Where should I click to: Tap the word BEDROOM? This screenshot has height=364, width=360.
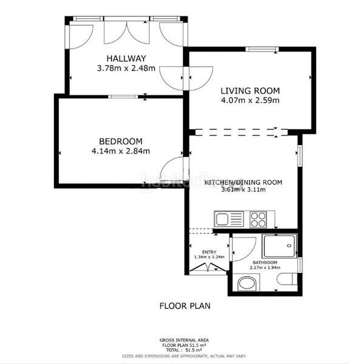(112, 141)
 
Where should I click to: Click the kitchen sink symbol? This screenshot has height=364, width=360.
(228, 218)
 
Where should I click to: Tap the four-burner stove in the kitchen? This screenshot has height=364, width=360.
(257, 218)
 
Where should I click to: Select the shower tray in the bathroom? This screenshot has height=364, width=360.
(280, 246)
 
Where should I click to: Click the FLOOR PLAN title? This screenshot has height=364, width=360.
(185, 306)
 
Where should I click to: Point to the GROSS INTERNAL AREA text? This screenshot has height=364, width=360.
(184, 341)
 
